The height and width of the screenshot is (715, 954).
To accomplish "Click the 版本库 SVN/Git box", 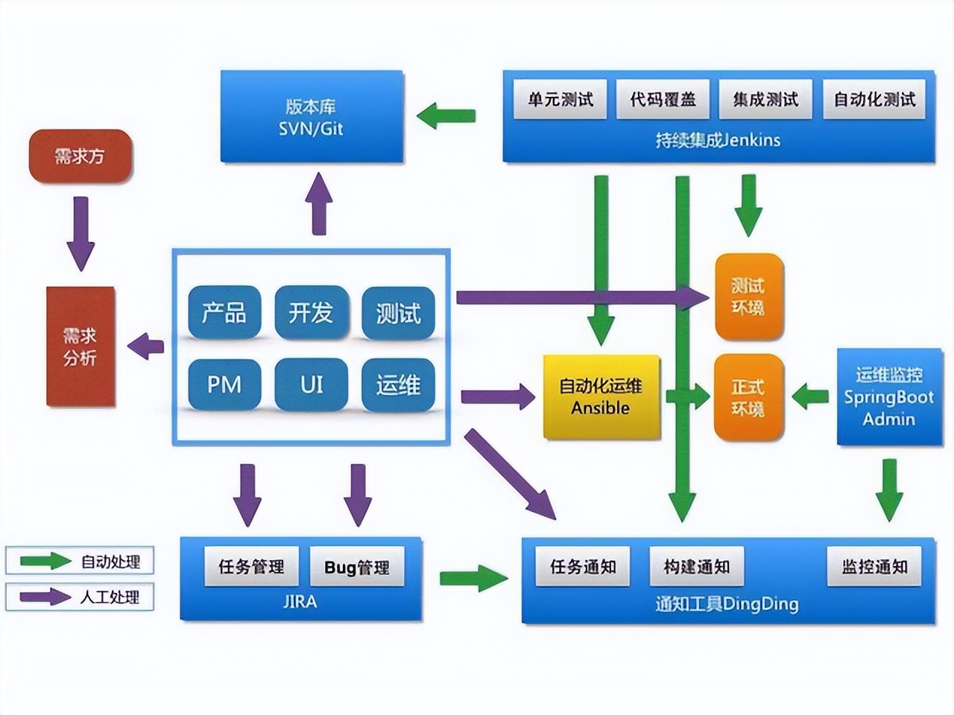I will (x=312, y=117).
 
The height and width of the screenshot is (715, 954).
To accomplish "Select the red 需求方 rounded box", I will (x=80, y=156).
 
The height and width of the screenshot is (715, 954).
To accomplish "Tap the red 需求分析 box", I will (x=80, y=347).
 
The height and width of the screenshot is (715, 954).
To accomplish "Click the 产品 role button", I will (x=224, y=313).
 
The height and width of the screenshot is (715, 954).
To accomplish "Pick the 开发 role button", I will (x=311, y=313).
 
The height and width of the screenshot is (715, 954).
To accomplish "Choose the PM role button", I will (x=224, y=385).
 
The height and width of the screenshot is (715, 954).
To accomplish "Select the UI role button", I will (x=311, y=385).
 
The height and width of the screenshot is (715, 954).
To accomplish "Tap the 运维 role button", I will (x=398, y=385).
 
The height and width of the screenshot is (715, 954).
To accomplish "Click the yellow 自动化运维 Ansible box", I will (x=601, y=397).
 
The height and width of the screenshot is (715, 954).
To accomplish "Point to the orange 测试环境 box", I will (x=748, y=297).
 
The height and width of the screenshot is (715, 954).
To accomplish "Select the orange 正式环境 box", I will (x=748, y=398).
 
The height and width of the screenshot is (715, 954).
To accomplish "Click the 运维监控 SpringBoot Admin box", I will (x=888, y=397).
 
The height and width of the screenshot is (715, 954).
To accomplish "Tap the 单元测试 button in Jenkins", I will (x=560, y=100).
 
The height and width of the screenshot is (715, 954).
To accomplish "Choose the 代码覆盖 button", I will (x=663, y=100).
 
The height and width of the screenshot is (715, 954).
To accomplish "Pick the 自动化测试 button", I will (x=874, y=100).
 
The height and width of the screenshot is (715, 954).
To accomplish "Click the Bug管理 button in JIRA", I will (x=357, y=568).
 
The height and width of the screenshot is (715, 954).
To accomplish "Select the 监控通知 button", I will (x=874, y=567).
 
